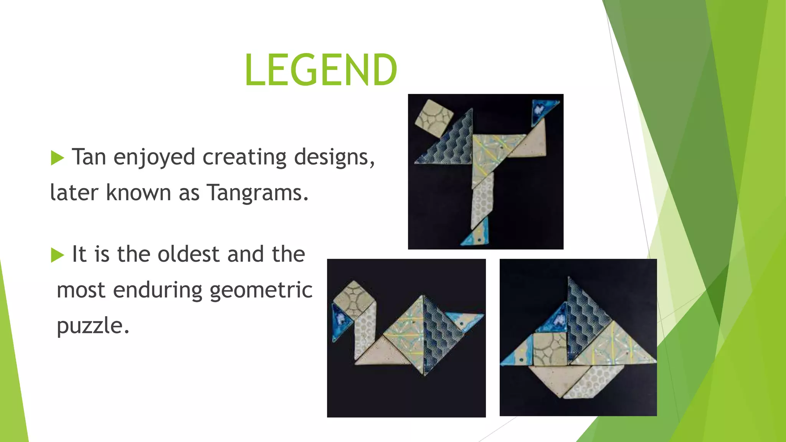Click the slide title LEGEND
tap(321, 69)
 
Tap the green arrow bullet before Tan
tap(57, 158)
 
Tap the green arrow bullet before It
tap(57, 255)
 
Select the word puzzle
tap(93, 326)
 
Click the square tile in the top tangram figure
tap(434, 118)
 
